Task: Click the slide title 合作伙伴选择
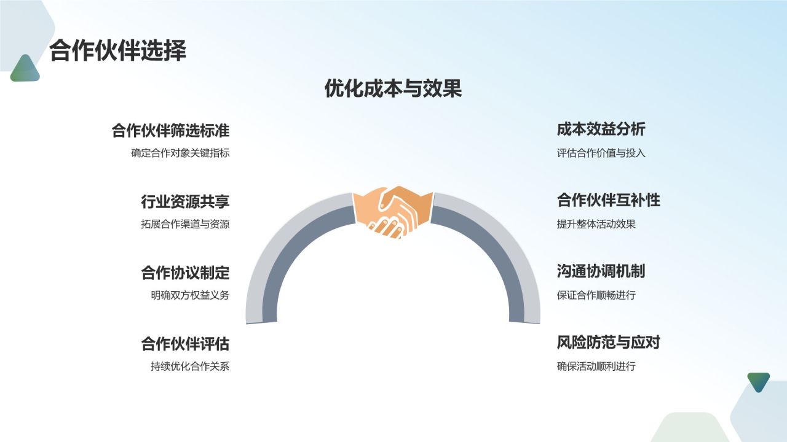click(x=117, y=51)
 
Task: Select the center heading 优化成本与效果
click(x=393, y=89)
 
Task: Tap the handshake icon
click(x=393, y=212)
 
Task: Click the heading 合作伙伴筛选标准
click(x=170, y=131)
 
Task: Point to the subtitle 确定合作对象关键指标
click(x=180, y=153)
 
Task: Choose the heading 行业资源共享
click(x=185, y=201)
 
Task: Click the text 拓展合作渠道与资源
click(x=185, y=224)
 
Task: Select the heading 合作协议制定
click(x=185, y=273)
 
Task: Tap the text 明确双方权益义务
click(x=190, y=295)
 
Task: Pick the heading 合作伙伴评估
click(x=185, y=344)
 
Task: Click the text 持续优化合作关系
click(x=190, y=366)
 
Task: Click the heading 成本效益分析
click(x=601, y=130)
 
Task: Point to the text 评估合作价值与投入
click(x=601, y=153)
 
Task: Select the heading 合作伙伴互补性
click(x=608, y=200)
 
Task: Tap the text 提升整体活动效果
click(x=596, y=224)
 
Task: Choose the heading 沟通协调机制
click(x=601, y=271)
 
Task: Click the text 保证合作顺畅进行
click(x=596, y=295)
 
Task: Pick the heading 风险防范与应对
click(x=608, y=343)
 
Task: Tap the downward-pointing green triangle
click(x=758, y=381)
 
